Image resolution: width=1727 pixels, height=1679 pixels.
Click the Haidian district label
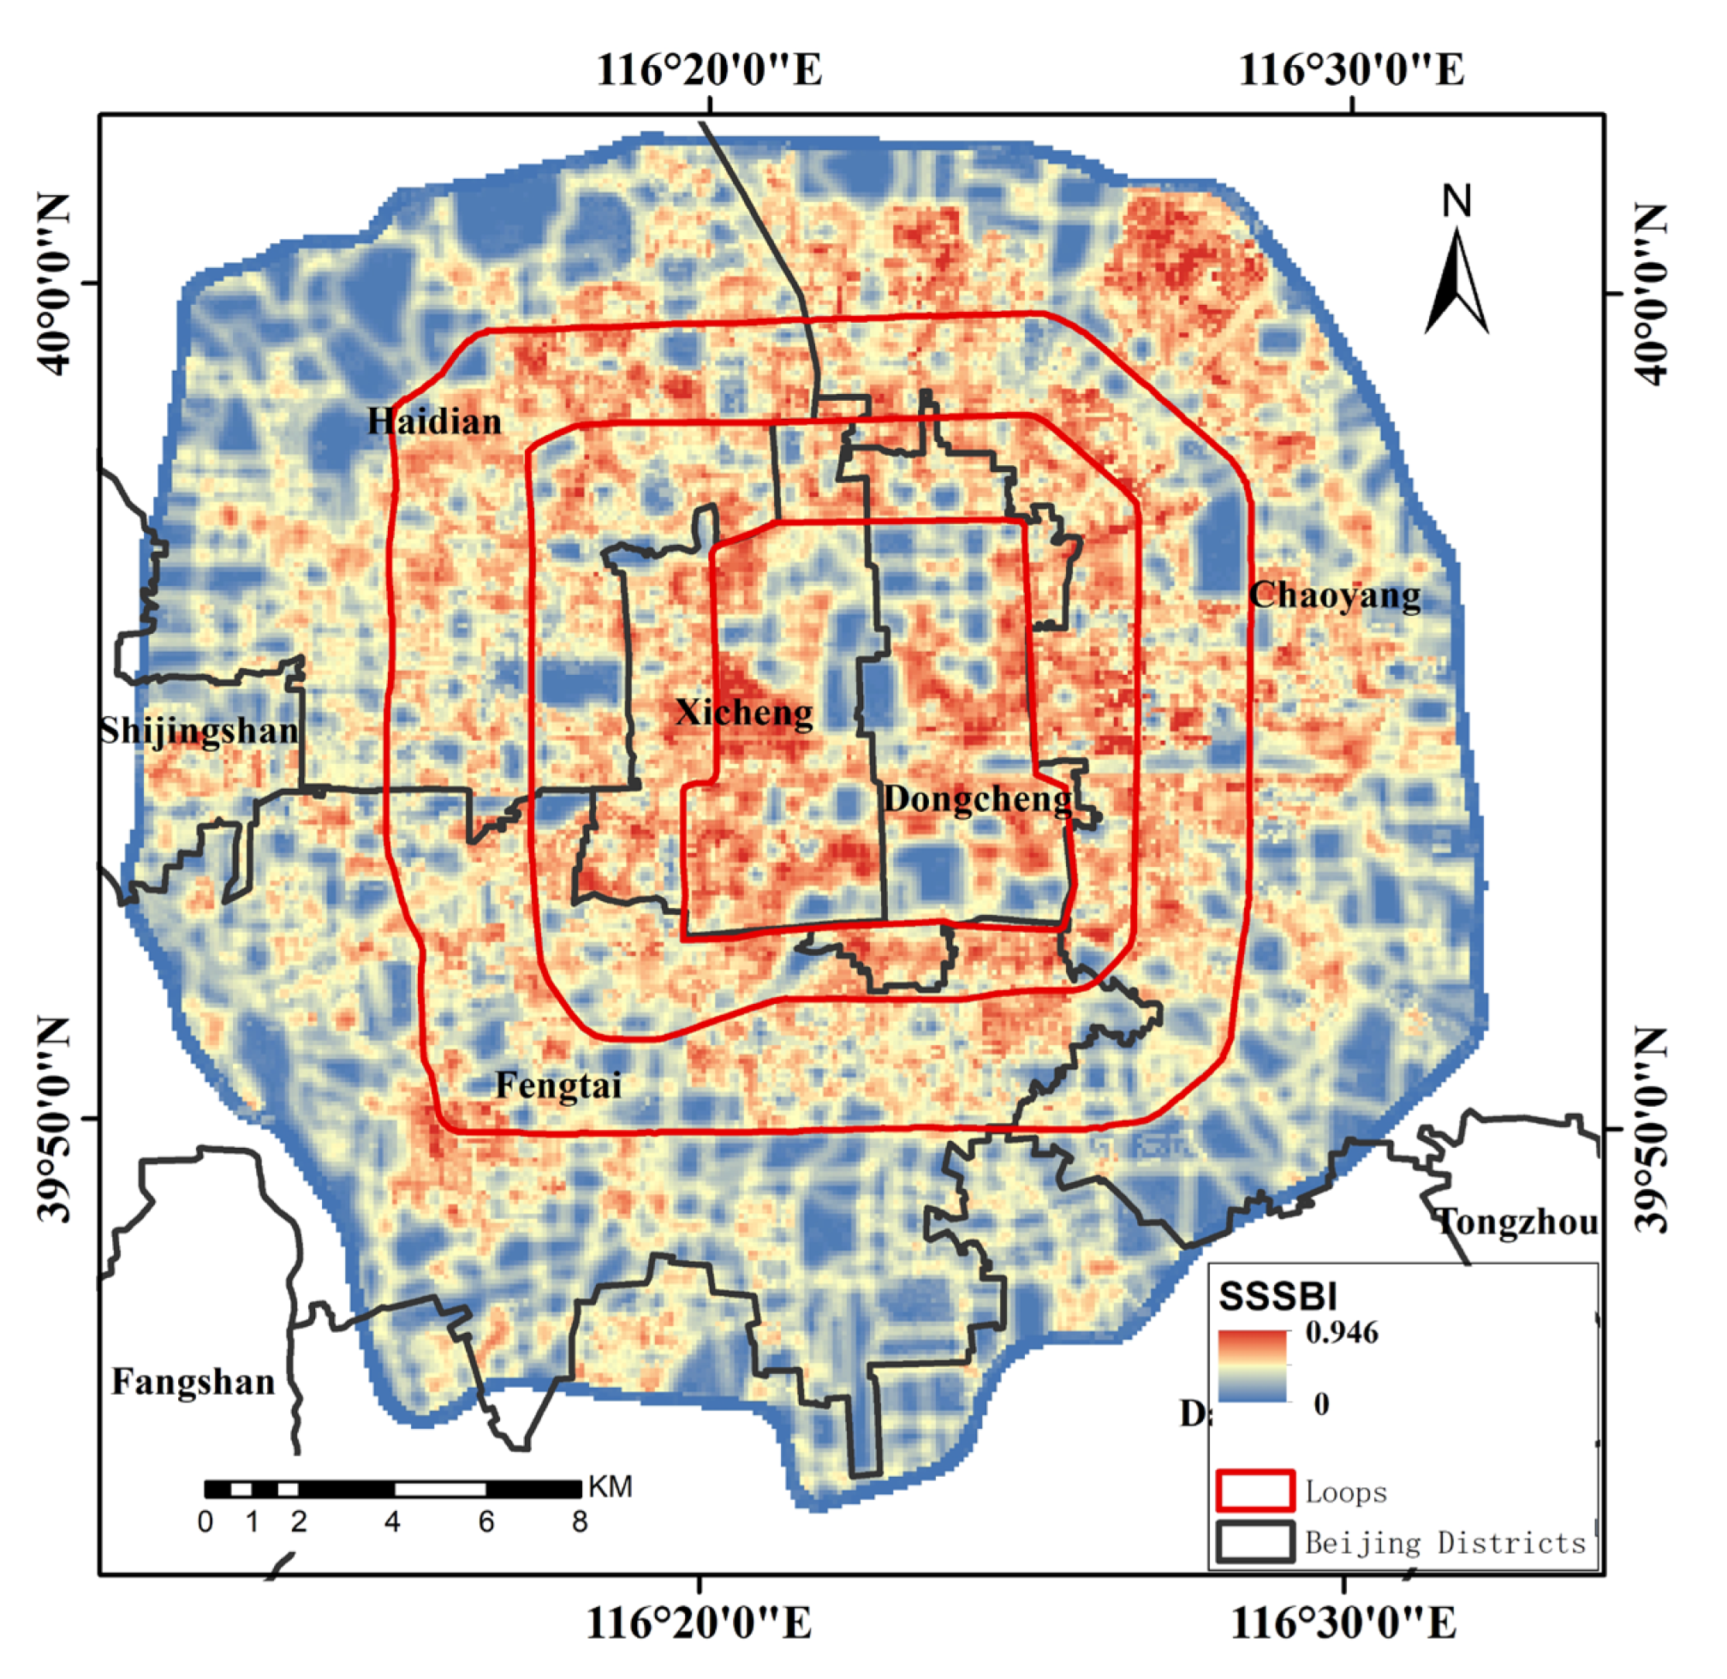pos(434,421)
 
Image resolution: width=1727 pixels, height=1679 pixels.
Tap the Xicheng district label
pos(744,713)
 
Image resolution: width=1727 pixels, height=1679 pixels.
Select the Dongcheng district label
pos(978,799)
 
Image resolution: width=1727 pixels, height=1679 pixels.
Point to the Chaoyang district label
pos(1335,595)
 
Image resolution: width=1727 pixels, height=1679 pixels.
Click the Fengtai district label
pos(558,1084)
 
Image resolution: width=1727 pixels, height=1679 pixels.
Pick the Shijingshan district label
pos(199,731)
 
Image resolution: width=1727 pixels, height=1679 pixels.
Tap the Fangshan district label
pos(193,1382)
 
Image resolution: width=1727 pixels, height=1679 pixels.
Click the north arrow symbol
pos(1457,282)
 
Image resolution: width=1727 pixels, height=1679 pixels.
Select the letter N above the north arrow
pos(1457,202)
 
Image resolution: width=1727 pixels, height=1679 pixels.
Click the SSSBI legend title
pos(1277,1296)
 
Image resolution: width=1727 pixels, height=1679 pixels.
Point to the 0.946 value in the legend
pos(1342,1331)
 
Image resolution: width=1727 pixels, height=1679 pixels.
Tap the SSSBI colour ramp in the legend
pos(1253,1366)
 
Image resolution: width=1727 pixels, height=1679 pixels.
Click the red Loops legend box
pos(1255,1491)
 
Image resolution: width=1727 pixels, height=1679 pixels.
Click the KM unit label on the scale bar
pos(610,1487)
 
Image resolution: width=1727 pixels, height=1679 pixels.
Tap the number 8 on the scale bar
pos(579,1522)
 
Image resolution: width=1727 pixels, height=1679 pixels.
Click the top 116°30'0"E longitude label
pos(1351,69)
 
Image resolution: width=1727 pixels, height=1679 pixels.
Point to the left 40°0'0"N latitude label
pos(54,284)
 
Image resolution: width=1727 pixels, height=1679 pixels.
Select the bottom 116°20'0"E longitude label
pos(698,1622)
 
